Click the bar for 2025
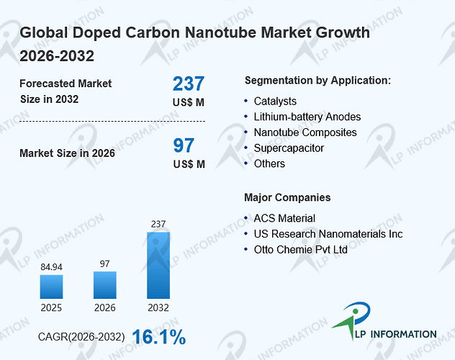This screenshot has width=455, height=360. click(51, 287)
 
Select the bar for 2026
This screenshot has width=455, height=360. click(105, 285)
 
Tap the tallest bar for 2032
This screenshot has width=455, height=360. click(158, 265)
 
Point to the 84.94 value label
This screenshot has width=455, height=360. click(51, 267)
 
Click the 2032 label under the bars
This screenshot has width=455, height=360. click(158, 307)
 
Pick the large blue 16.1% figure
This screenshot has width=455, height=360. click(159, 337)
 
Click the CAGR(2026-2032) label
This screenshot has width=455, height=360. click(81, 337)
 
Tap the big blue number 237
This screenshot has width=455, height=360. click(189, 84)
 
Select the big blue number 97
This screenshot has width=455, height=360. click(184, 145)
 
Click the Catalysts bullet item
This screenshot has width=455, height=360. click(275, 102)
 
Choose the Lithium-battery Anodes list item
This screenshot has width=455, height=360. click(307, 117)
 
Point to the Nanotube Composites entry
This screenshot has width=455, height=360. click(305, 132)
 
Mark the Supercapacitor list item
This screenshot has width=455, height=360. click(289, 148)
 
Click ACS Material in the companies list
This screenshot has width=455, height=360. click(284, 218)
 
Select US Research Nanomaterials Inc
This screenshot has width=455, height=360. click(328, 234)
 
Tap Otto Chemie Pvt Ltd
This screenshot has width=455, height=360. click(301, 249)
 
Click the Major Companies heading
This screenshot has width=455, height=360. click(287, 197)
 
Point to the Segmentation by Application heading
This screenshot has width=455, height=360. click(317, 81)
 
